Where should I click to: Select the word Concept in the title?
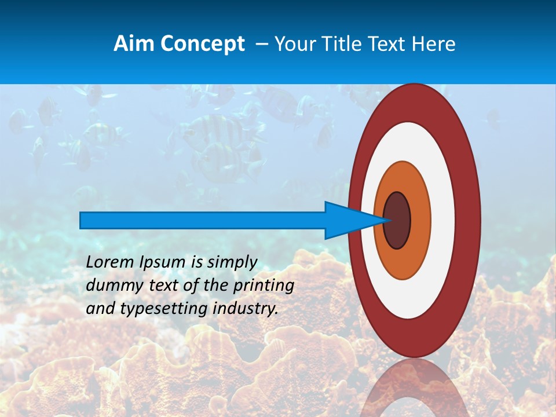[202, 44]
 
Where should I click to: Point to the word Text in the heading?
[389, 44]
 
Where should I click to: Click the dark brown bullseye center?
[397, 220]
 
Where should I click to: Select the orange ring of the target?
[420, 220]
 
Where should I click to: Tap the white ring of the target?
[443, 220]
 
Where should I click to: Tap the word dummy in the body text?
[109, 286]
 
